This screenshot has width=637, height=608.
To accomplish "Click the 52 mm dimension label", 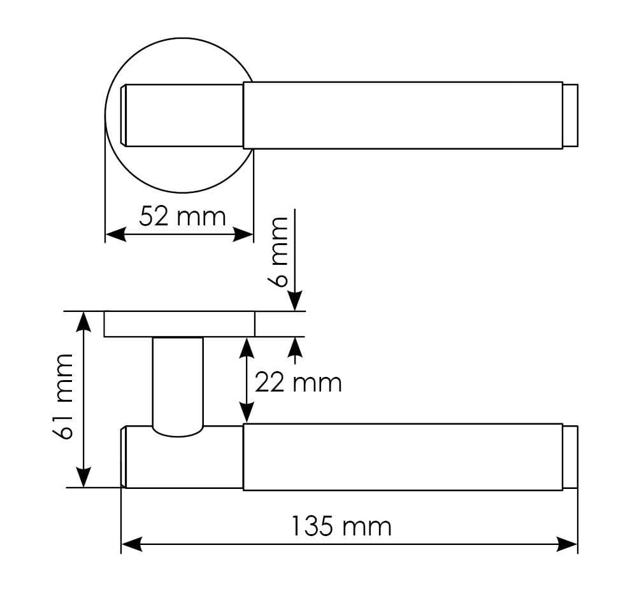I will click(x=182, y=216).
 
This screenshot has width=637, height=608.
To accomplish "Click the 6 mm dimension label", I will click(x=280, y=251).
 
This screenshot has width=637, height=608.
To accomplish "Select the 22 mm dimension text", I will click(x=297, y=383).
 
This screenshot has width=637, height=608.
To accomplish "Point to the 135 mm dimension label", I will click(x=341, y=527).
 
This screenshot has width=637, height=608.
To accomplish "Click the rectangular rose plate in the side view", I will click(x=179, y=324).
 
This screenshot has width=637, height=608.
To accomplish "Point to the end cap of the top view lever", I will click(x=571, y=115).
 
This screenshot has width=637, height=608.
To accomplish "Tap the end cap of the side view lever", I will click(x=571, y=456).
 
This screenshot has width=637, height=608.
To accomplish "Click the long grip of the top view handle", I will click(x=403, y=115).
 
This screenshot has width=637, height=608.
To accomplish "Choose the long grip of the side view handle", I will click(x=403, y=456).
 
